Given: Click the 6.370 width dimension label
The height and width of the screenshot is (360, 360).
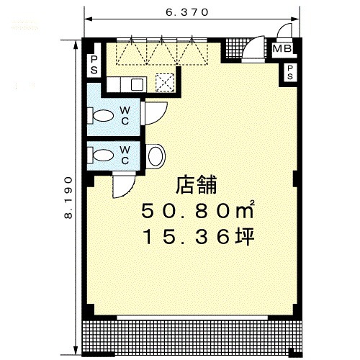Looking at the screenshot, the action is [x=187, y=12].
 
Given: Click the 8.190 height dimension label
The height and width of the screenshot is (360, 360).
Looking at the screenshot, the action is [x=68, y=198].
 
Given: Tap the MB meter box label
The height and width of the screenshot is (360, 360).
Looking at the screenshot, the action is [x=282, y=49].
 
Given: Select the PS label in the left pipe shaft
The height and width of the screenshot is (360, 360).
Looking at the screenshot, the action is [x=94, y=65].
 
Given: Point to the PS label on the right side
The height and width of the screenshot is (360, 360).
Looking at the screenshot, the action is [x=290, y=73].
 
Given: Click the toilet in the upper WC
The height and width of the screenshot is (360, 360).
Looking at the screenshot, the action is [x=103, y=116].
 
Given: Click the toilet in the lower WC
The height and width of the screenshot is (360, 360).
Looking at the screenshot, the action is [x=103, y=155].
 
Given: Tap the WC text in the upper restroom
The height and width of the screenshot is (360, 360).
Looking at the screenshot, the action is [x=125, y=116].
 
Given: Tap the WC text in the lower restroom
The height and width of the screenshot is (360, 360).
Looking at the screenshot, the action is [x=125, y=156].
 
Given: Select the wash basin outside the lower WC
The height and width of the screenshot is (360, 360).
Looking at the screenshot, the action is [x=156, y=156].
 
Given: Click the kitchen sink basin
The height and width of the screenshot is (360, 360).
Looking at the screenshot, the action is [x=137, y=84].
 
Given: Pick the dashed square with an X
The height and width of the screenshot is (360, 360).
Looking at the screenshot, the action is [x=165, y=83].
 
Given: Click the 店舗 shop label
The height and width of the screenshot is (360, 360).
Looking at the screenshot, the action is [x=197, y=185].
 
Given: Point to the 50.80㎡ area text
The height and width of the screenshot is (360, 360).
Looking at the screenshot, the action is [x=198, y=210].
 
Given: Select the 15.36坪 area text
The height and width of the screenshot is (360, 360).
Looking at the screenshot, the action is [x=199, y=237].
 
